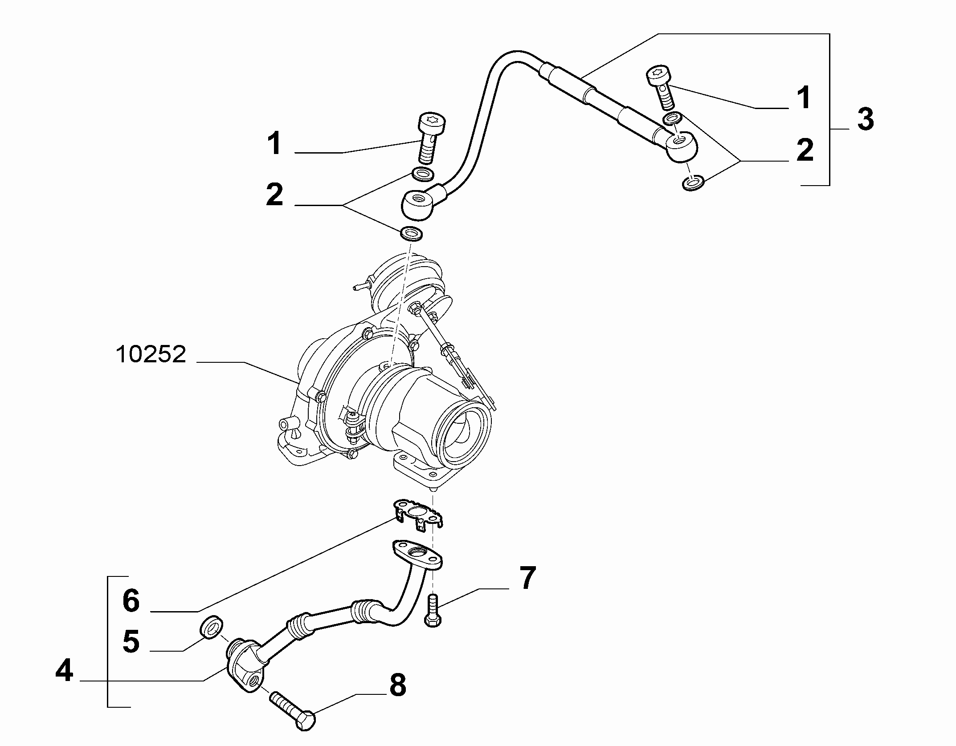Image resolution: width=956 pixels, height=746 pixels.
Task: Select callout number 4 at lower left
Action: click(x=64, y=671)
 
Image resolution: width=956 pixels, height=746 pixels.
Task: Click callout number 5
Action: click(x=131, y=641)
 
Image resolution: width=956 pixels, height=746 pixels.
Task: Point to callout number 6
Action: click(x=131, y=601)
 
